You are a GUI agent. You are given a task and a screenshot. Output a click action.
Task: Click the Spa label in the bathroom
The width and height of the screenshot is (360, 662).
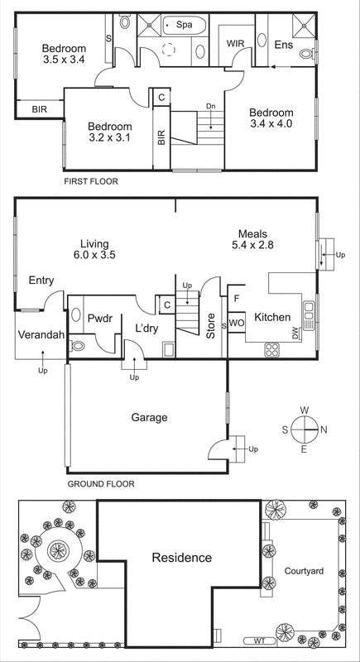pos(183,26)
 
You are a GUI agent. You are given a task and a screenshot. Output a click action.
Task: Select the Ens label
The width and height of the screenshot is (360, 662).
pos(284,44)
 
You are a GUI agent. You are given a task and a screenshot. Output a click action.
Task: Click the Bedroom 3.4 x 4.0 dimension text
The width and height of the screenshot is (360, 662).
pos(271,125)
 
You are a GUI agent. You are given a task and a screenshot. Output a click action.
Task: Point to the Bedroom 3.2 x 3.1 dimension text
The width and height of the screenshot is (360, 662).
pos(110,138)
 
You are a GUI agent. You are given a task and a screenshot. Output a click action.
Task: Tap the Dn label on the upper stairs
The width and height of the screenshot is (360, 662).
pos(211,107)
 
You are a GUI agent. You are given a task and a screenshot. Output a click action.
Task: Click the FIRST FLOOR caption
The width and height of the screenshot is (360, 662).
pos(91,180)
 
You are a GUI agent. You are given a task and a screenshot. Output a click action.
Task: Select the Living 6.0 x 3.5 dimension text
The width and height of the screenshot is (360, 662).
pos(98,256)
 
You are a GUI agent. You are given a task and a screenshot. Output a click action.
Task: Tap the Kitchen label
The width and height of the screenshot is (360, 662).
pos(272,318)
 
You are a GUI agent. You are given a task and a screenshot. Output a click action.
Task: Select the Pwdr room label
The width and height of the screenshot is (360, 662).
pos(99,318)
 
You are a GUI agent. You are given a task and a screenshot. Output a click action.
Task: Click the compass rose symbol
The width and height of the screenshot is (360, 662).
pos(305,429)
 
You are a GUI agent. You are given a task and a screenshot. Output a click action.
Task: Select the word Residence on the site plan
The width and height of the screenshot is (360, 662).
pos(181,558)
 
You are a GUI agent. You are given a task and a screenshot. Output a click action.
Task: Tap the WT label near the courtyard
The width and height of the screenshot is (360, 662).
pos(259,640)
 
